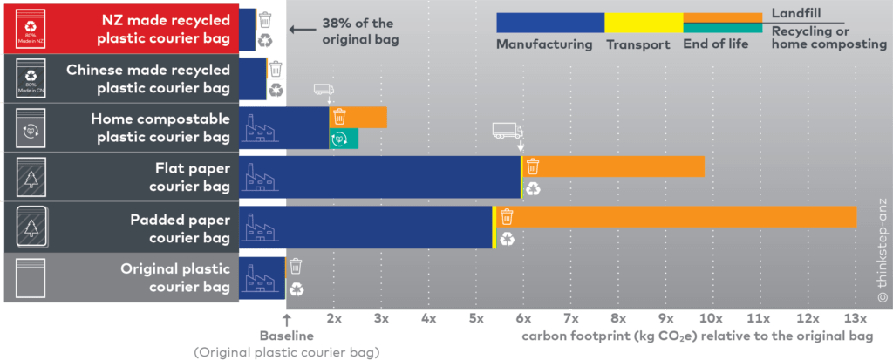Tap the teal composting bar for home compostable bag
pyautogui.click(x=344, y=138)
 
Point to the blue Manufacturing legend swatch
pyautogui.click(x=549, y=23)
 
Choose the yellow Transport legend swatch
pyautogui.click(x=644, y=23)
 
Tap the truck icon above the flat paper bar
pyautogui.click(x=507, y=131)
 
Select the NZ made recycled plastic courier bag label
pyautogui.click(x=165, y=28)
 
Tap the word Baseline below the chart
pyautogui.click(x=286, y=336)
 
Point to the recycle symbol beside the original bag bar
pyautogui.click(x=297, y=289)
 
